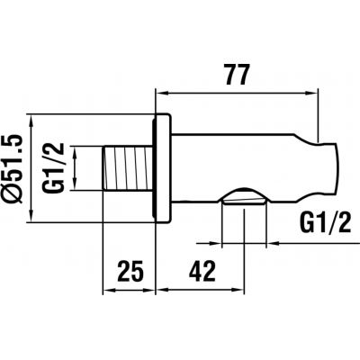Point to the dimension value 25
130,269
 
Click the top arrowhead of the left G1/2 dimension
76,150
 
